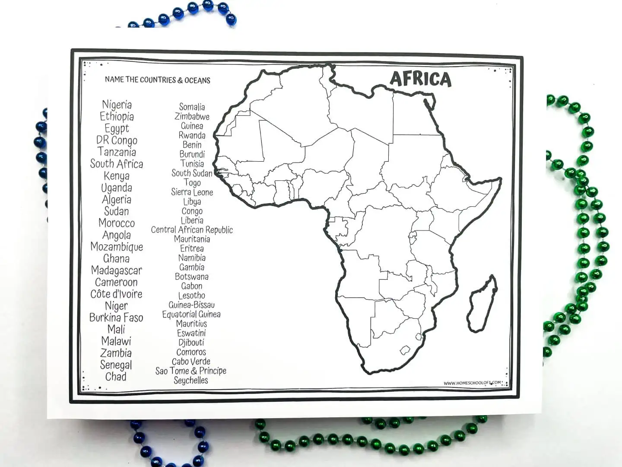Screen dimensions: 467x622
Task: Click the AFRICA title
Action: tap(420, 79)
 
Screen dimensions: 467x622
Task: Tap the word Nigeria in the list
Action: tap(117, 105)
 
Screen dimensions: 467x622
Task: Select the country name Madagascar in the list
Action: tap(116, 271)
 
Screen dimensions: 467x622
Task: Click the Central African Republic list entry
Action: tap(192, 230)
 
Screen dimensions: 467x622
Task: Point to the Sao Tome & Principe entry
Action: tap(191, 371)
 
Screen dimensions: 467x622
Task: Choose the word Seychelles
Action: tap(191, 381)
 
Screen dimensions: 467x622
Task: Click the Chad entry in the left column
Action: tap(116, 377)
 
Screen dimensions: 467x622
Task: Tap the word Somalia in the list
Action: tap(192, 107)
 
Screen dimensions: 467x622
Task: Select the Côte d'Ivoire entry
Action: tap(116, 294)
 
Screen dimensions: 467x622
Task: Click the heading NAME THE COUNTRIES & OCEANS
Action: tap(158, 80)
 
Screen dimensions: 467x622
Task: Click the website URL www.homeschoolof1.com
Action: tap(473, 383)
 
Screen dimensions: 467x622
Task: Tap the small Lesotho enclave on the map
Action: tap(405, 349)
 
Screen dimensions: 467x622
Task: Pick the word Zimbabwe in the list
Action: tap(192, 116)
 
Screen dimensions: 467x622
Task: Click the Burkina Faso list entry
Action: tap(116, 318)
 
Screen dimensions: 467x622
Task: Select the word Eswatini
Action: tap(191, 333)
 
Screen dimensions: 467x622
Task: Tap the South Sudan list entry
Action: tap(192, 173)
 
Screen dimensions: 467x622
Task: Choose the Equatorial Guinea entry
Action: tap(191, 314)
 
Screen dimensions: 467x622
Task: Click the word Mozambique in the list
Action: tap(117, 247)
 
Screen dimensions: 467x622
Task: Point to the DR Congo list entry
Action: tap(117, 141)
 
